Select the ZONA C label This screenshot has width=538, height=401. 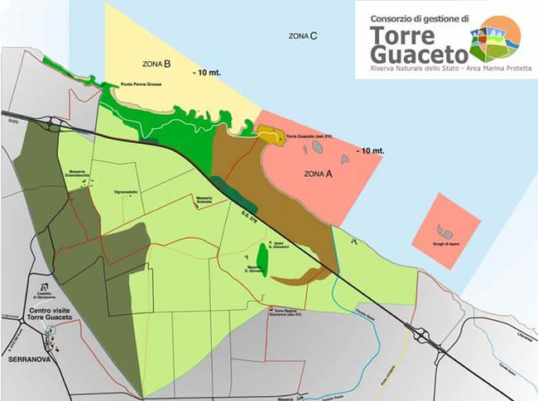304,36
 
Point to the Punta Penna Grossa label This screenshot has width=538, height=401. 143,84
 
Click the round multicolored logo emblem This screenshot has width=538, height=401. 494,39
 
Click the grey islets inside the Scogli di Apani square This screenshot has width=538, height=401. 447,233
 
